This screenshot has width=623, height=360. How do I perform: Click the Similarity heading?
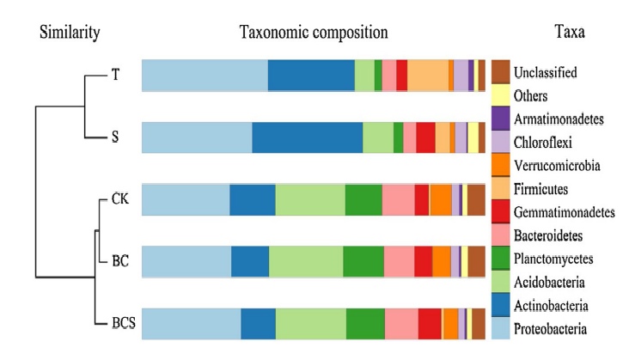70,33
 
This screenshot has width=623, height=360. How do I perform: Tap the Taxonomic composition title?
314,33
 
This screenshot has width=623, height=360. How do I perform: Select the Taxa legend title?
571,33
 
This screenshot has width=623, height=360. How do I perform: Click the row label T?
114,75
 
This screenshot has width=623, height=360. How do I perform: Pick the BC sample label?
119,261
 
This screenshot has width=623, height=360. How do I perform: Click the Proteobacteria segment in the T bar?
205,76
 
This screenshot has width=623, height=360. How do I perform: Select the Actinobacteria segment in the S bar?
307,137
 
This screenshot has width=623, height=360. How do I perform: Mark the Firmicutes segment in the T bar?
427,76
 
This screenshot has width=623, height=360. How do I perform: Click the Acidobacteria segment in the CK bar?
310,199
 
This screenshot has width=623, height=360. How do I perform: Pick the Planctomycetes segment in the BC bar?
363,261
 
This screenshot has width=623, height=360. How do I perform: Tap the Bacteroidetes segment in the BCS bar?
401,323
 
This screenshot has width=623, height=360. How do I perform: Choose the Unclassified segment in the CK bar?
476,199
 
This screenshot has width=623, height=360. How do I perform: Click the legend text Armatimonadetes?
556,119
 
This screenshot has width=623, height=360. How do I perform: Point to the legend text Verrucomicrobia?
556,165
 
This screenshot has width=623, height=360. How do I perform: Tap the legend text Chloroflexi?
543,142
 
